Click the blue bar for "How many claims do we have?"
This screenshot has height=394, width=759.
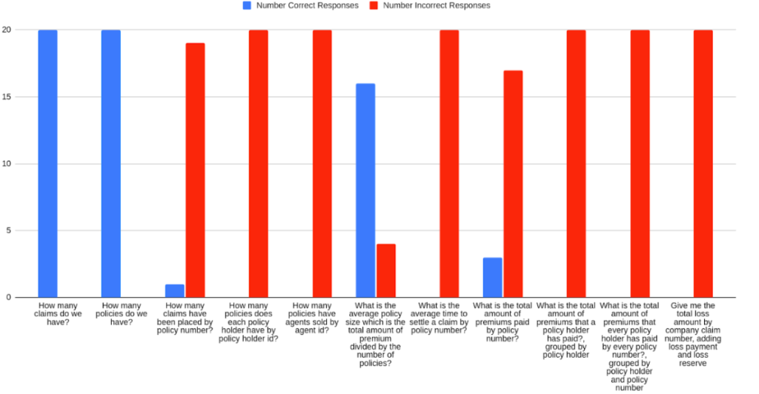click(47, 164)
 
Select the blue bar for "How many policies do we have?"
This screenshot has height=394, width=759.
click(111, 164)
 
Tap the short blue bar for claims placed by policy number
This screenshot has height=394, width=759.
click(174, 291)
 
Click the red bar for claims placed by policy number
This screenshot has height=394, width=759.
click(195, 170)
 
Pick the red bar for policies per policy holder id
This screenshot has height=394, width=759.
click(259, 164)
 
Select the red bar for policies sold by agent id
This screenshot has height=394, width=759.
click(322, 164)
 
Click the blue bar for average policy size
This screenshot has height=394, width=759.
click(365, 190)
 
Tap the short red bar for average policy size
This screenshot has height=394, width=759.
click(386, 271)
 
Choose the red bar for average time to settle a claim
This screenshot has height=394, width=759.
click(449, 164)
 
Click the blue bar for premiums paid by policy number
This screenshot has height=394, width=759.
click(492, 278)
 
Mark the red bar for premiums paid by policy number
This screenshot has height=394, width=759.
click(513, 184)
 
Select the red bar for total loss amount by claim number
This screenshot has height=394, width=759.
click(703, 164)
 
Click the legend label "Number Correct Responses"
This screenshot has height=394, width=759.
click(307, 5)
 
